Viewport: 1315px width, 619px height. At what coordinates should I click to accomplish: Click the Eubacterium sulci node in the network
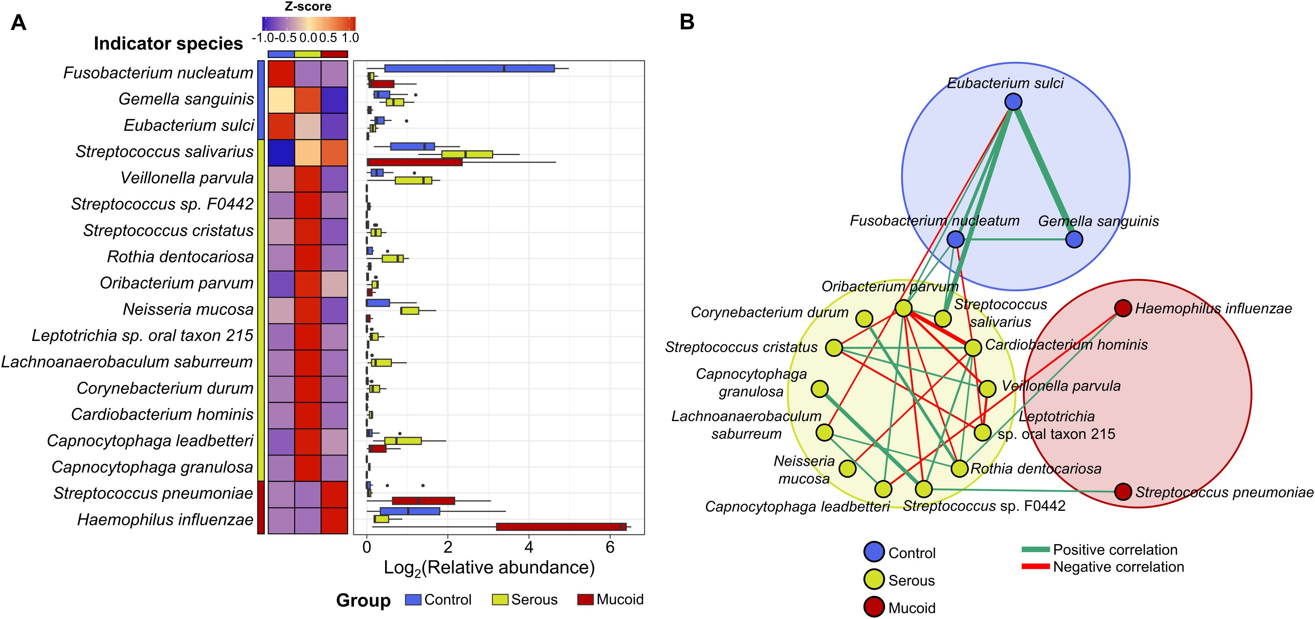pos(1013,102)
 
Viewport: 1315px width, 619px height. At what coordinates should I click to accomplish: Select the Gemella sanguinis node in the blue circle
pos(1075,239)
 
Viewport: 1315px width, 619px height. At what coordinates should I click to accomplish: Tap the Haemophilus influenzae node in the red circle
pos(1123,308)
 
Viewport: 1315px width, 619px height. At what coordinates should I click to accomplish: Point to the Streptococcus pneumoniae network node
pos(1123,492)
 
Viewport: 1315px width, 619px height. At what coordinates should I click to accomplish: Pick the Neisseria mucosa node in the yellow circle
pos(847,468)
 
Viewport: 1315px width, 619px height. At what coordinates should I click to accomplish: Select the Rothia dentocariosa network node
pos(960,468)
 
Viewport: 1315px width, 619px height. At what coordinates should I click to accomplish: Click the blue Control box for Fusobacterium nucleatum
pos(470,69)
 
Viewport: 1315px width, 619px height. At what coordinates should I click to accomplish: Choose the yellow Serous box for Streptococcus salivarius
pos(467,154)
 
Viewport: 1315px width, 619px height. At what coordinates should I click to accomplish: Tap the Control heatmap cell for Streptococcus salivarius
pos(281,153)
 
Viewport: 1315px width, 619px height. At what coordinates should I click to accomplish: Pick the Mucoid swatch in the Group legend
pos(585,600)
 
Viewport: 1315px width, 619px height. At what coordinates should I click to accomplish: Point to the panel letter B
pos(687,22)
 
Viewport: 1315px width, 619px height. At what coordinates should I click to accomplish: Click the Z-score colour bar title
pos(308,7)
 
